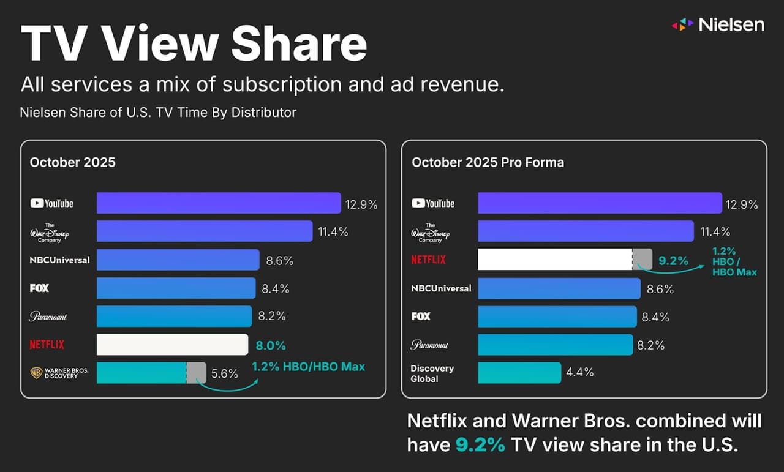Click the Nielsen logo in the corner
point(718,24)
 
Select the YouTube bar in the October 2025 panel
point(219,203)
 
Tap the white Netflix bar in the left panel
point(172,345)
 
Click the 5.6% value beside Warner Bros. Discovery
point(224,373)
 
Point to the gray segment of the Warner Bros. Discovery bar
point(197,373)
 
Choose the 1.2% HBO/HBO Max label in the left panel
point(308,367)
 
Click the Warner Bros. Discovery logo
point(55,373)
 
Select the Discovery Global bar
point(519,373)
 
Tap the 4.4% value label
point(580,372)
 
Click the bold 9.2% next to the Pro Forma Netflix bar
point(673,260)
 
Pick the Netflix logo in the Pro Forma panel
point(428,260)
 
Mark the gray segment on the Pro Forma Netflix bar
point(643,260)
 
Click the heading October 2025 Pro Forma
point(488,162)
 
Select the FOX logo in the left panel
point(39,288)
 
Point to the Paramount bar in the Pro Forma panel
point(555,345)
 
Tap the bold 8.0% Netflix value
point(270,345)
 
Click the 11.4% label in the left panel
point(333,231)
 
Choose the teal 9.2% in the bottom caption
point(480,445)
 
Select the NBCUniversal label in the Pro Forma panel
point(441,288)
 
